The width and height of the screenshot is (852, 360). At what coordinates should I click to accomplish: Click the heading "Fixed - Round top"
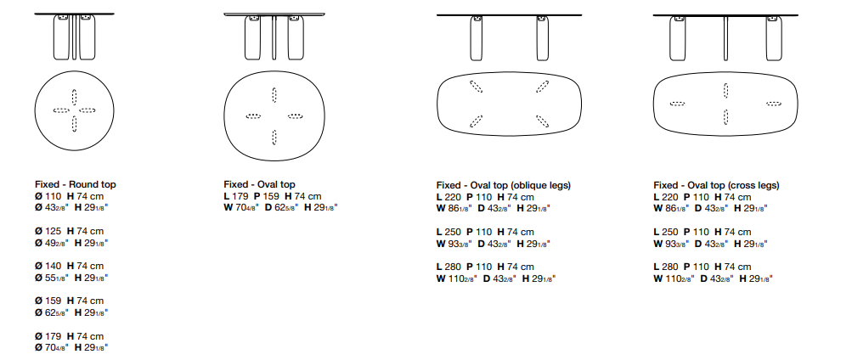pyautogui.click(x=76, y=185)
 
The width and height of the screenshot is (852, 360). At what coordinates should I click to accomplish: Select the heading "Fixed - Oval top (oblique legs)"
pyautogui.click(x=504, y=186)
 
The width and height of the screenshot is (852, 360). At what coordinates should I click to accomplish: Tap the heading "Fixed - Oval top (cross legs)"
pyautogui.click(x=716, y=186)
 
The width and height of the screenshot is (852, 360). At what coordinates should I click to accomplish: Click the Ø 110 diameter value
pyautogui.click(x=48, y=197)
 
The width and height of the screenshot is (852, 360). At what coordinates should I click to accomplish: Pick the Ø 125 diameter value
pyautogui.click(x=48, y=231)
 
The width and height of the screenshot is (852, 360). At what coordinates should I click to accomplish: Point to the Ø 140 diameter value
pyautogui.click(x=48, y=266)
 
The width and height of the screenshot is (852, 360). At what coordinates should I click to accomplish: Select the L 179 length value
pyautogui.click(x=236, y=197)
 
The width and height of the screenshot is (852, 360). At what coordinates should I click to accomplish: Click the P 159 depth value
pyautogui.click(x=267, y=197)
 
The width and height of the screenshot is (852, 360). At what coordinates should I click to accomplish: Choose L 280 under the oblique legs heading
pyautogui.click(x=449, y=267)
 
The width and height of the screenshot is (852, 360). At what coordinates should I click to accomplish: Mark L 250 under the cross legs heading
pyautogui.click(x=666, y=232)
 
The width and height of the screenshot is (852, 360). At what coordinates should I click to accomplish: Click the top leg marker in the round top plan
pyautogui.click(x=75, y=97)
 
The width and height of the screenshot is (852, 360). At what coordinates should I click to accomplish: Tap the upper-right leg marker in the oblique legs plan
pyautogui.click(x=542, y=87)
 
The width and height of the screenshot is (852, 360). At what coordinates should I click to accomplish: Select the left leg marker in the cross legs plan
pyautogui.click(x=677, y=104)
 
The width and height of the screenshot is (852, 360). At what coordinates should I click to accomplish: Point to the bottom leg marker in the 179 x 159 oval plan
pyautogui.click(x=274, y=138)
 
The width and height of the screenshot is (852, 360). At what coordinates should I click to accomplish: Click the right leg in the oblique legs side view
pyautogui.click(x=542, y=38)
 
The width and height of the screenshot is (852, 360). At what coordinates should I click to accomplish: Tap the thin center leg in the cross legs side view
pyautogui.click(x=726, y=37)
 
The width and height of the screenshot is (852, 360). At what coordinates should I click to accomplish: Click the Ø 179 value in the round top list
pyautogui.click(x=48, y=337)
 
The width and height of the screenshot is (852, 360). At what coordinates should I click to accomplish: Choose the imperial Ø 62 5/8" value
pyautogui.click(x=52, y=312)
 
